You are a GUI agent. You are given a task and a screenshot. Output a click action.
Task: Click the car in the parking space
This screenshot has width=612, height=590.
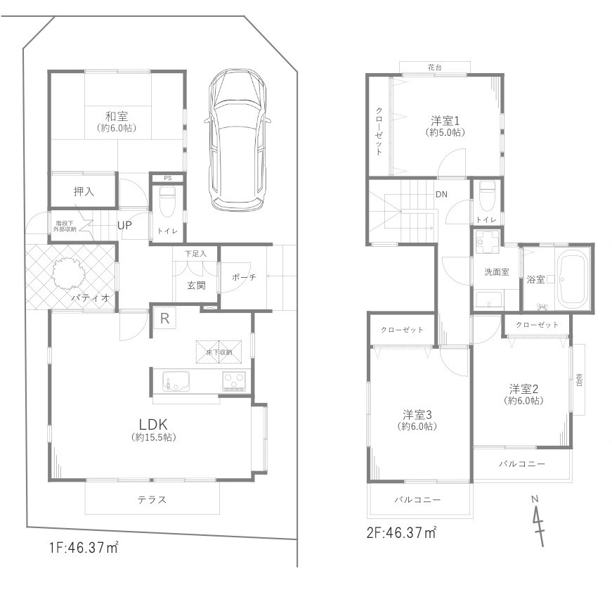(237, 140)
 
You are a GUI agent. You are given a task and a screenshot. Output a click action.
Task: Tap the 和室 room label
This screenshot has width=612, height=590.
(117, 116)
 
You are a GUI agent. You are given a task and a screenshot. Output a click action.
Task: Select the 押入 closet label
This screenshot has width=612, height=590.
(84, 191)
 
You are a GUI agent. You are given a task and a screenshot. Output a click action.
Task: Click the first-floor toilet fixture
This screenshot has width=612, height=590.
(168, 201)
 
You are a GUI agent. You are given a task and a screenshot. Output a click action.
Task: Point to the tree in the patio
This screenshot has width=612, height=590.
(68, 275)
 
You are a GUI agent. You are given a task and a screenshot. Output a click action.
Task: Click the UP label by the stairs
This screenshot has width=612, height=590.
(124, 226)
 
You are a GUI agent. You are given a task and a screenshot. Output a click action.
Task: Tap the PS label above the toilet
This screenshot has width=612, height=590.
(168, 178)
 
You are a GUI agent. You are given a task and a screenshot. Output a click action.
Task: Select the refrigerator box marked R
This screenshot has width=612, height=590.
(164, 319)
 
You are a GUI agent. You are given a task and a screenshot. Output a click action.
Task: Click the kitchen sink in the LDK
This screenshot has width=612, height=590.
(176, 380)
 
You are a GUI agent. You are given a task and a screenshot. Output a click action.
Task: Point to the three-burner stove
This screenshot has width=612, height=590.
(234, 381)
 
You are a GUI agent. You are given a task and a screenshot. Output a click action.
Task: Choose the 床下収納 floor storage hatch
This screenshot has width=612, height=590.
(219, 352)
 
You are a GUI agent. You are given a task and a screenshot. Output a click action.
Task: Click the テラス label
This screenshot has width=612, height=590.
(152, 499)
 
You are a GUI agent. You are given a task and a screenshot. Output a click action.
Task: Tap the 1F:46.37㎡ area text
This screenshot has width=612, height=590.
(84, 547)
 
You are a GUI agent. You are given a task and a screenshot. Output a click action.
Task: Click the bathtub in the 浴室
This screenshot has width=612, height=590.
(572, 279)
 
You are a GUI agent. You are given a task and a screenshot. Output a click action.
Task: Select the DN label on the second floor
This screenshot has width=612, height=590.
(441, 194)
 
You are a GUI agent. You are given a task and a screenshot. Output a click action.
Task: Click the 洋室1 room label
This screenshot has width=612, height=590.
(445, 120)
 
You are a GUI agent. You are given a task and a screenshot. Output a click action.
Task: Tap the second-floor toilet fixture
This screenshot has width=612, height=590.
(487, 195)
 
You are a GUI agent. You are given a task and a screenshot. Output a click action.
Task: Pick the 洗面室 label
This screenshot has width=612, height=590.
(497, 272)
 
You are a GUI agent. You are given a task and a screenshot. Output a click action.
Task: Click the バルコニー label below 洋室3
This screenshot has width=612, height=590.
(417, 499)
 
